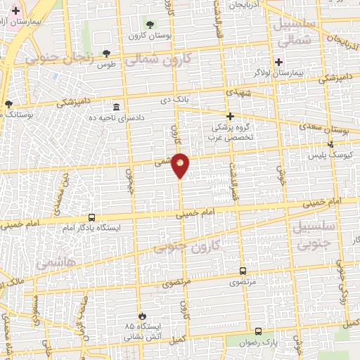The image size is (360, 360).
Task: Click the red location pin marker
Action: pyautogui.click(x=181, y=165)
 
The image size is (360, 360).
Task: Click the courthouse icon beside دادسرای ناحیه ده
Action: pyautogui.click(x=116, y=107)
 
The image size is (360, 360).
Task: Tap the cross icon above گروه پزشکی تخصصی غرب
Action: pyautogui.click(x=229, y=117)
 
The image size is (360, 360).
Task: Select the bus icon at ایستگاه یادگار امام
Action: pyautogui.click(x=91, y=218)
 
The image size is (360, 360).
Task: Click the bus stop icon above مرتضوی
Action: pyautogui.click(x=243, y=271)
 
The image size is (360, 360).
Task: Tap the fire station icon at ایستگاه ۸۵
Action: pyautogui.click(x=143, y=316)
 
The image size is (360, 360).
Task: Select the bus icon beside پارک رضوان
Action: pyautogui.click(x=258, y=331)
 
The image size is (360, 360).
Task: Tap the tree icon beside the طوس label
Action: pyautogui.click(x=106, y=53)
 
